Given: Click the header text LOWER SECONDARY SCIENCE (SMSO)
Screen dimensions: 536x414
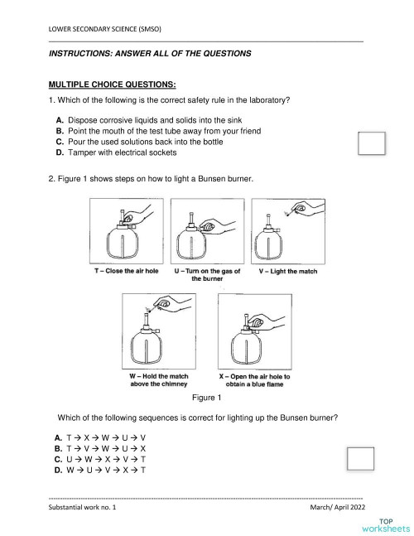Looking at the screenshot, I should pyautogui.click(x=105, y=30).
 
